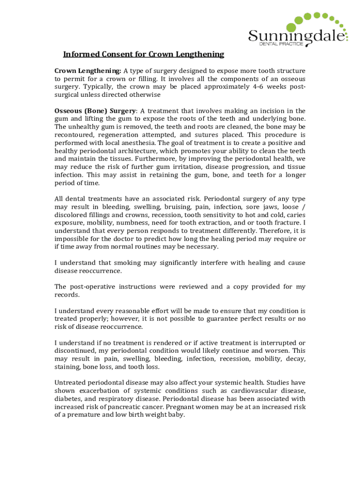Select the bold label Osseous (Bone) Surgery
click(x=95, y=111)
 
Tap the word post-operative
click(x=97, y=287)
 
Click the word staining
click(x=67, y=367)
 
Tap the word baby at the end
click(x=176, y=414)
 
